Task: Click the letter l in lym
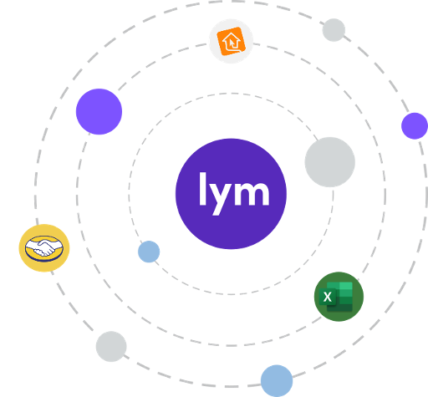pyautogui.click(x=202, y=189)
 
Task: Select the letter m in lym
pyautogui.click(x=252, y=194)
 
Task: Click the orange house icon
pyautogui.click(x=231, y=41)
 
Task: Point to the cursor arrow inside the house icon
pyautogui.click(x=232, y=43)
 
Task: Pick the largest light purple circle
pyautogui.click(x=99, y=111)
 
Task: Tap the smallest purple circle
pyautogui.click(x=415, y=126)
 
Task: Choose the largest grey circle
pyautogui.click(x=330, y=162)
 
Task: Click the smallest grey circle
pyautogui.click(x=334, y=30)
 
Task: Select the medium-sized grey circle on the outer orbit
pyautogui.click(x=111, y=346)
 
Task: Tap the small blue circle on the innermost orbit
pyautogui.click(x=149, y=252)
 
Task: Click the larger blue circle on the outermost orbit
pyautogui.click(x=277, y=381)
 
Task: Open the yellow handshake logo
pyautogui.click(x=44, y=248)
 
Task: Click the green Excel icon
pyautogui.click(x=339, y=297)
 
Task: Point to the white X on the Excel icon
pyautogui.click(x=328, y=297)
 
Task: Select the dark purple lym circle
pyautogui.click(x=231, y=194)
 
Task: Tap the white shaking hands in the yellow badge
pyautogui.click(x=44, y=247)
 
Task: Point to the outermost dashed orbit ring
pyautogui.click(x=36, y=195)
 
